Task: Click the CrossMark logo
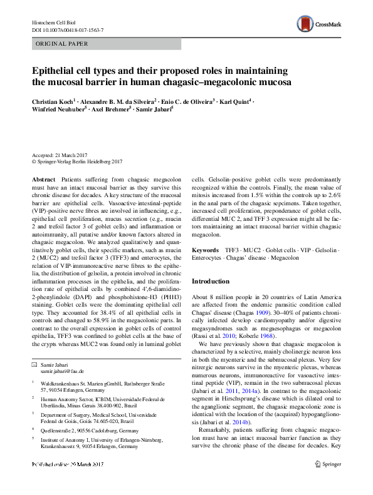(x=320, y=24)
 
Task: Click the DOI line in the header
(x=68, y=30)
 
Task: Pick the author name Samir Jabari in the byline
(x=153, y=110)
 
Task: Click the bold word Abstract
(x=43, y=179)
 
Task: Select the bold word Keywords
(x=206, y=249)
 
